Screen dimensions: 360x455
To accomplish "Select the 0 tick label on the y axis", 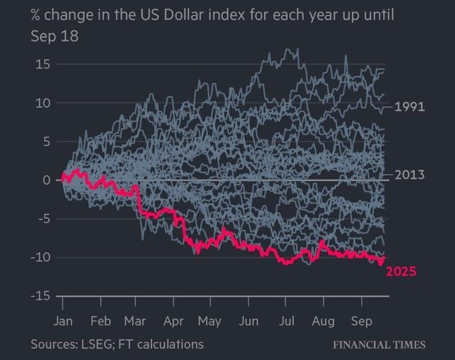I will point(46,180).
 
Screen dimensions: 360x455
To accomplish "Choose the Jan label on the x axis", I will point(63,321).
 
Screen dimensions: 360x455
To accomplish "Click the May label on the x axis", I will point(210,321).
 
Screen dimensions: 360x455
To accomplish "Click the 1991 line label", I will point(409,107).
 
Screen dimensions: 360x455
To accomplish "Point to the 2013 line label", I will point(409,175).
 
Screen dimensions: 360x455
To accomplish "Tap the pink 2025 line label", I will point(401,272).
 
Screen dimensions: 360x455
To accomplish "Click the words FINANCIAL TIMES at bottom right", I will point(379,345).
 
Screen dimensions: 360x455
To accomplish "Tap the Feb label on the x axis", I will point(100,321).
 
